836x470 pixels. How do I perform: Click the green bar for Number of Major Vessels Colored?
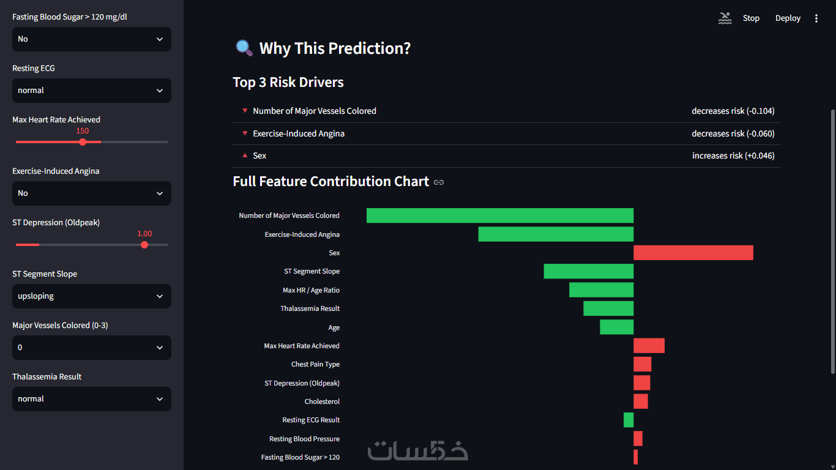(500, 215)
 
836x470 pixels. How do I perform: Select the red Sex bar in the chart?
(693, 253)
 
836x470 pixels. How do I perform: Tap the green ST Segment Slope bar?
(589, 271)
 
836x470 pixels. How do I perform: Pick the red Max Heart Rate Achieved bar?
(649, 346)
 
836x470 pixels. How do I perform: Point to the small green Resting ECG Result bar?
(629, 420)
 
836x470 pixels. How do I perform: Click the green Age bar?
(616, 327)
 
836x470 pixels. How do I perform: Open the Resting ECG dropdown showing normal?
(92, 91)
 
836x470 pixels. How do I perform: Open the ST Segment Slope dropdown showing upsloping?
(92, 296)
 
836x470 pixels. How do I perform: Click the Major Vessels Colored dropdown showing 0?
(92, 348)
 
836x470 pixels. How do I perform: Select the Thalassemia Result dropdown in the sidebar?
(92, 399)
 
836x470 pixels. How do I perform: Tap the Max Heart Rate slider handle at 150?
(83, 142)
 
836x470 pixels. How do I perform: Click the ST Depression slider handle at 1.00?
(144, 245)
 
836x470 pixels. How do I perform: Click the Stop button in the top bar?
(751, 18)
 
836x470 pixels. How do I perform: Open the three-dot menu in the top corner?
(816, 18)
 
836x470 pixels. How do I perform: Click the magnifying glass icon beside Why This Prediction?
(244, 48)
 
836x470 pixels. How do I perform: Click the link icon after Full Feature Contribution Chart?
(439, 182)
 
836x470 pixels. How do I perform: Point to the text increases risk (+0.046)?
(733, 155)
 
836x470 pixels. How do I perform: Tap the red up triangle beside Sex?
(245, 155)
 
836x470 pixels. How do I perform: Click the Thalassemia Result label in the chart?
(310, 308)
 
